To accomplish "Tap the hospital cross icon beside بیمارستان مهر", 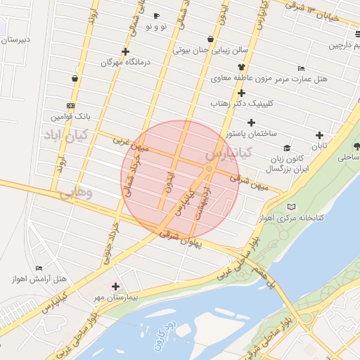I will pos(115,286).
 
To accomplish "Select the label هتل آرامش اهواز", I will pos(39,279).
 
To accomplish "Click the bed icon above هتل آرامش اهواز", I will pos(39,267).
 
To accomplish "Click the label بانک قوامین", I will pos(70,115).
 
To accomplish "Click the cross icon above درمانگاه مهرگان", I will pos(126,51).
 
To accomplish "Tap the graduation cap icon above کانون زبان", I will pos(287,148).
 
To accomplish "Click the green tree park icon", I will pos(356,147).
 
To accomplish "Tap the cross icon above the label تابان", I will pos(320,135).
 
